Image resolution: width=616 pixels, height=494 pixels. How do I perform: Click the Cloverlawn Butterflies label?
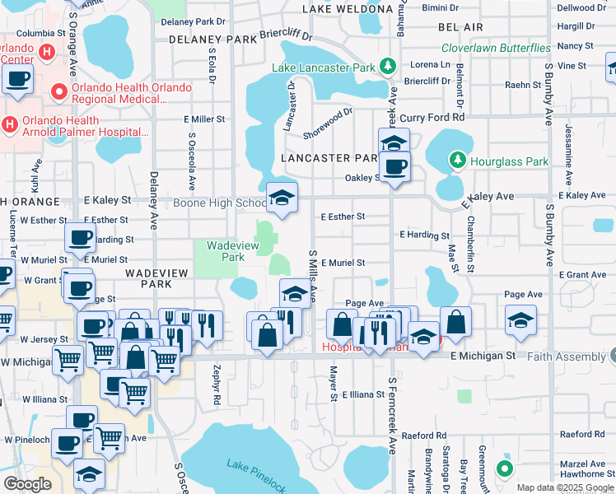(x=496, y=49)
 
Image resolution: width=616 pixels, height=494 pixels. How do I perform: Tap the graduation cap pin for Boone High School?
(x=282, y=199)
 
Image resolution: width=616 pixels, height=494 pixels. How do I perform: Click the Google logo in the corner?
(x=27, y=483)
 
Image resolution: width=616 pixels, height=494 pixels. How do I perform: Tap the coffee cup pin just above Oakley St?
(x=394, y=167)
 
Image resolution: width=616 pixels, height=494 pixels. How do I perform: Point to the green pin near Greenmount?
(x=505, y=469)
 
